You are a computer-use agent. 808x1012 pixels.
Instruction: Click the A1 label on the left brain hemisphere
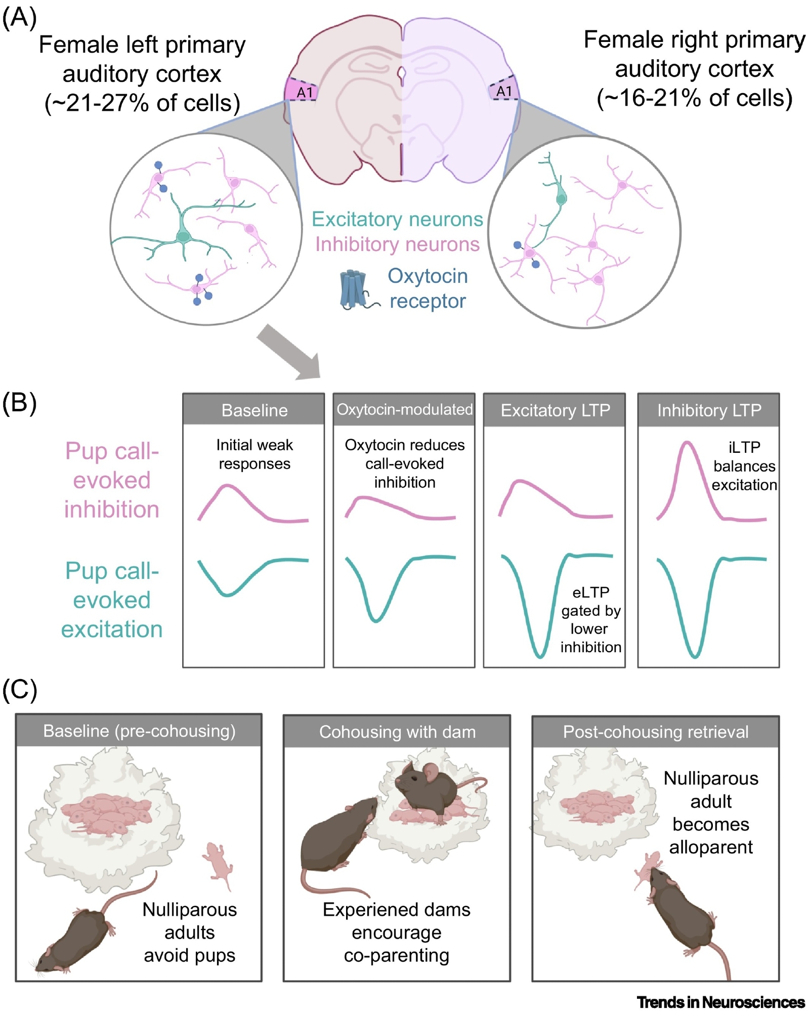tap(305, 93)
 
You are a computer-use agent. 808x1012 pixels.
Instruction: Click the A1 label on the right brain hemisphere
tap(504, 91)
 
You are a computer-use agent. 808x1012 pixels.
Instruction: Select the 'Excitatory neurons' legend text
tap(397, 219)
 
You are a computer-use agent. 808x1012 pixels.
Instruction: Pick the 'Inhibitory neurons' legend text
tap(397, 244)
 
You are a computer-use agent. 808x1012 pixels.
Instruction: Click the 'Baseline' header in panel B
tap(254, 410)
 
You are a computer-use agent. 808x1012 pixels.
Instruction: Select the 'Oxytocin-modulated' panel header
tap(404, 409)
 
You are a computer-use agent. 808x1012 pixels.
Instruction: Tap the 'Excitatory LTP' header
tap(555, 410)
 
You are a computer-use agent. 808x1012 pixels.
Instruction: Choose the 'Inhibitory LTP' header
tap(709, 410)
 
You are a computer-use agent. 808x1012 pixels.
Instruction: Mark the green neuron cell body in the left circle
tap(183, 236)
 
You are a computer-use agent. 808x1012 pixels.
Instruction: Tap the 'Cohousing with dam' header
tap(397, 732)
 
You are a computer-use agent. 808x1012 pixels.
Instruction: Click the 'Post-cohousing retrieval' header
tap(655, 732)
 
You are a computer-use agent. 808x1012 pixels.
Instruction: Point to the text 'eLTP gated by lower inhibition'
tap(590, 619)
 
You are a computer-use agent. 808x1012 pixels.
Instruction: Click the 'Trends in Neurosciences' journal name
tap(720, 1002)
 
